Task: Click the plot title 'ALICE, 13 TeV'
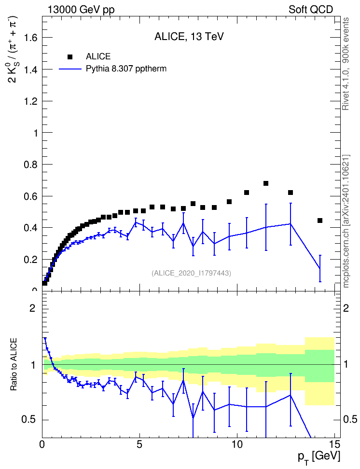[x=189, y=37]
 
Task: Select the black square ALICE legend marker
[x=70, y=57]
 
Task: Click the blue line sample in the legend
[x=70, y=69]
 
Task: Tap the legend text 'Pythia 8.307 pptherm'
[x=126, y=69]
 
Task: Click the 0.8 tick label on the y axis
[x=31, y=165]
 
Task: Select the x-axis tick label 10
[x=237, y=444]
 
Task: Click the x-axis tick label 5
[x=139, y=444]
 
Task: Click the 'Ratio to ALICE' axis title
[x=14, y=364]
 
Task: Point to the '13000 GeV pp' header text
[x=81, y=10]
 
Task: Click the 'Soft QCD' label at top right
[x=311, y=10]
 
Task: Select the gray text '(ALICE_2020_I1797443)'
[x=192, y=273]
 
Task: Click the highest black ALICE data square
[x=266, y=183]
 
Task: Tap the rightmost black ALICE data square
[x=320, y=221]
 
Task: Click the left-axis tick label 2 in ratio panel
[x=32, y=308]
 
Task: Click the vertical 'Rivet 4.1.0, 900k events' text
[x=346, y=64]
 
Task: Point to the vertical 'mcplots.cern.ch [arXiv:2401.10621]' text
[x=346, y=221]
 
